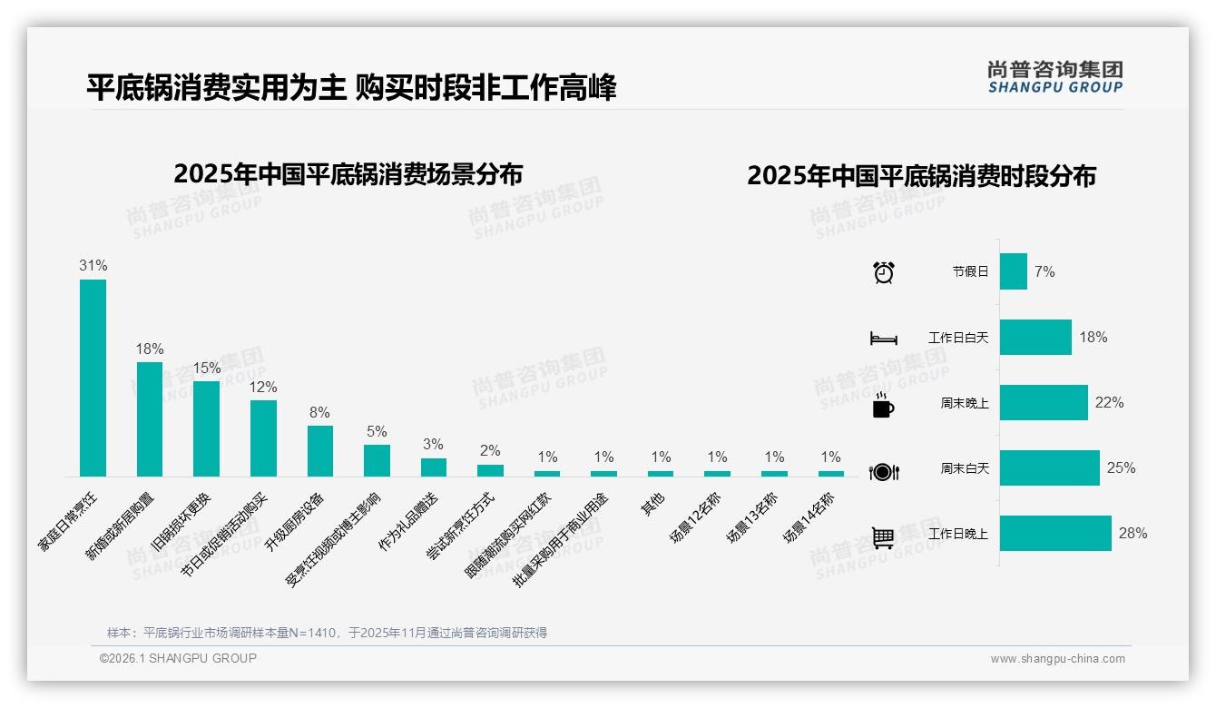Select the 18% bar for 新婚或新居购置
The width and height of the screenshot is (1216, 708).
pyautogui.click(x=150, y=418)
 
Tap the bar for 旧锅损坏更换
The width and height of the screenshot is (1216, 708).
pyautogui.click(x=206, y=428)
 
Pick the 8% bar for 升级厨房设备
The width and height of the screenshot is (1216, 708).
pyautogui.click(x=320, y=450)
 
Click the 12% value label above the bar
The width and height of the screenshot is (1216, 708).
pyautogui.click(x=263, y=388)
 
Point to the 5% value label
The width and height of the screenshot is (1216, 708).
pyautogui.click(x=377, y=432)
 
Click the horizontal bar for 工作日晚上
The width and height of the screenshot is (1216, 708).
pyautogui.click(x=1055, y=534)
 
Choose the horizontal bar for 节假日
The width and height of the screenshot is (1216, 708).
pyautogui.click(x=1013, y=271)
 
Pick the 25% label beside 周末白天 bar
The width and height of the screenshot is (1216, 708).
pyautogui.click(x=1121, y=468)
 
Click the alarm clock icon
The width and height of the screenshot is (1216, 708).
pyautogui.click(x=883, y=272)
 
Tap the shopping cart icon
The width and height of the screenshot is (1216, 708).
pyautogui.click(x=883, y=537)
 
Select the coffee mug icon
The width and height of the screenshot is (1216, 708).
pyautogui.click(x=883, y=405)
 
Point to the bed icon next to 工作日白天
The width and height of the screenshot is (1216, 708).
pyautogui.click(x=883, y=339)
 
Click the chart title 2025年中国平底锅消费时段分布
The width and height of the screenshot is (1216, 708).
pyautogui.click(x=921, y=176)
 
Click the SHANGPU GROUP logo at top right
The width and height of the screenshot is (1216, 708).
pyautogui.click(x=1054, y=77)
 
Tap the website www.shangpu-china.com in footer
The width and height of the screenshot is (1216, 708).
pyautogui.click(x=1057, y=659)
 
